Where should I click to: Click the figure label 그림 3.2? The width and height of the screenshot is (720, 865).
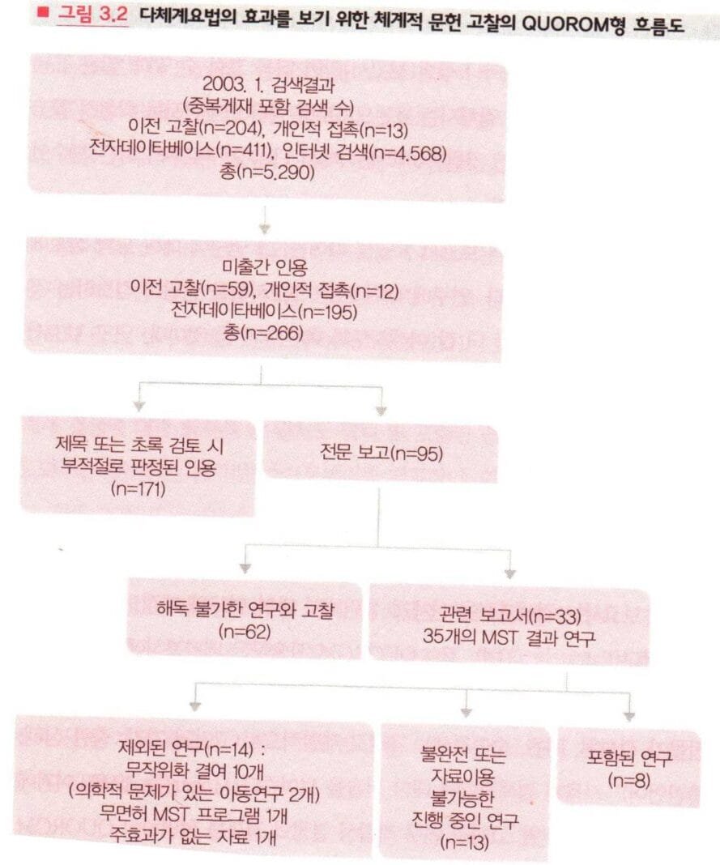click(x=92, y=14)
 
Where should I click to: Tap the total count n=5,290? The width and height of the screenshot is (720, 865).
click(x=267, y=173)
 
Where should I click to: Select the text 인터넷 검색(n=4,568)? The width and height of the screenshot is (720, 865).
click(x=364, y=151)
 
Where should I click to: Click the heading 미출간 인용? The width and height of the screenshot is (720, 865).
click(x=264, y=268)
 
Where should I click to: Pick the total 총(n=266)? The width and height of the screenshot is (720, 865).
click(x=263, y=333)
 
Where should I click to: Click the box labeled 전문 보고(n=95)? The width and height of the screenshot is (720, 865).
click(x=381, y=453)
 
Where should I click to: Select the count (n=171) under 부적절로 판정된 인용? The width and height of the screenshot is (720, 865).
click(x=138, y=488)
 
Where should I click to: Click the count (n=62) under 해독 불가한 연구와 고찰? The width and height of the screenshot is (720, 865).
click(x=245, y=632)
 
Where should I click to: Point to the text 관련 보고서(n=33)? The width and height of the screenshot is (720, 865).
click(x=509, y=615)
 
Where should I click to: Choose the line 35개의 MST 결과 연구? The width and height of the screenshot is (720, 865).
click(x=509, y=637)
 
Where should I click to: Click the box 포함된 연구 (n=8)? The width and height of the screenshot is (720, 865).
click(x=629, y=767)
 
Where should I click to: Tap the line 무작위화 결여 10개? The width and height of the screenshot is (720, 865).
click(x=194, y=770)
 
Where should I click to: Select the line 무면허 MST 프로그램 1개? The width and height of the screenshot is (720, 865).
click(x=194, y=814)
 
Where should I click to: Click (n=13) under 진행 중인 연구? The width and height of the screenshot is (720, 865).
click(x=465, y=842)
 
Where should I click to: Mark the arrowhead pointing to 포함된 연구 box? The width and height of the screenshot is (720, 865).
click(x=629, y=717)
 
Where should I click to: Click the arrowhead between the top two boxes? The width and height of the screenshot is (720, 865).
click(x=265, y=228)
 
